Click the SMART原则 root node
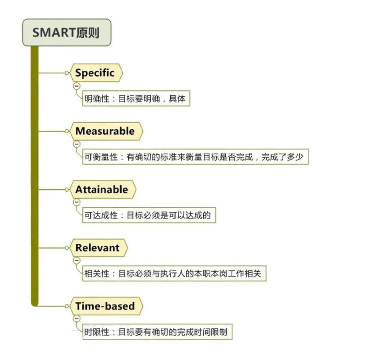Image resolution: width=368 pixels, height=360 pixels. [x=66, y=32]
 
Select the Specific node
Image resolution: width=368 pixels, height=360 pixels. [x=95, y=73]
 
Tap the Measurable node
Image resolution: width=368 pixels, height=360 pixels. [x=105, y=131]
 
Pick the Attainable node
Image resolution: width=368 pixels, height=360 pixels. [x=101, y=189]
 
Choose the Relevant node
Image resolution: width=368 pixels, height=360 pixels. [x=97, y=248]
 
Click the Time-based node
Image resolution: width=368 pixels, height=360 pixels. [x=105, y=306]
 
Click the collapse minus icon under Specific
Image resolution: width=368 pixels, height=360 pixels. [x=77, y=86]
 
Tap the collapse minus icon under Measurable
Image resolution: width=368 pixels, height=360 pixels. [x=77, y=144]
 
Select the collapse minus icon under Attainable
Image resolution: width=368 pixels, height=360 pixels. [x=77, y=202]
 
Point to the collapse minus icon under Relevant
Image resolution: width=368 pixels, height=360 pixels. [x=77, y=260]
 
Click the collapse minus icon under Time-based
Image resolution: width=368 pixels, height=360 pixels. [x=77, y=319]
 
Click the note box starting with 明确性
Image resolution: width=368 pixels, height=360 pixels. [x=136, y=99]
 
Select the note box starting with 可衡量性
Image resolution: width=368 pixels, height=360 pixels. [x=195, y=157]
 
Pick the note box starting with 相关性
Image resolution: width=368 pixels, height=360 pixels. [x=173, y=273]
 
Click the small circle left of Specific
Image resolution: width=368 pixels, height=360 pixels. [x=67, y=73]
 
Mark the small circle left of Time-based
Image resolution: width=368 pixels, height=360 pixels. [x=67, y=306]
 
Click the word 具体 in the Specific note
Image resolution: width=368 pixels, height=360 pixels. [x=177, y=99]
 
